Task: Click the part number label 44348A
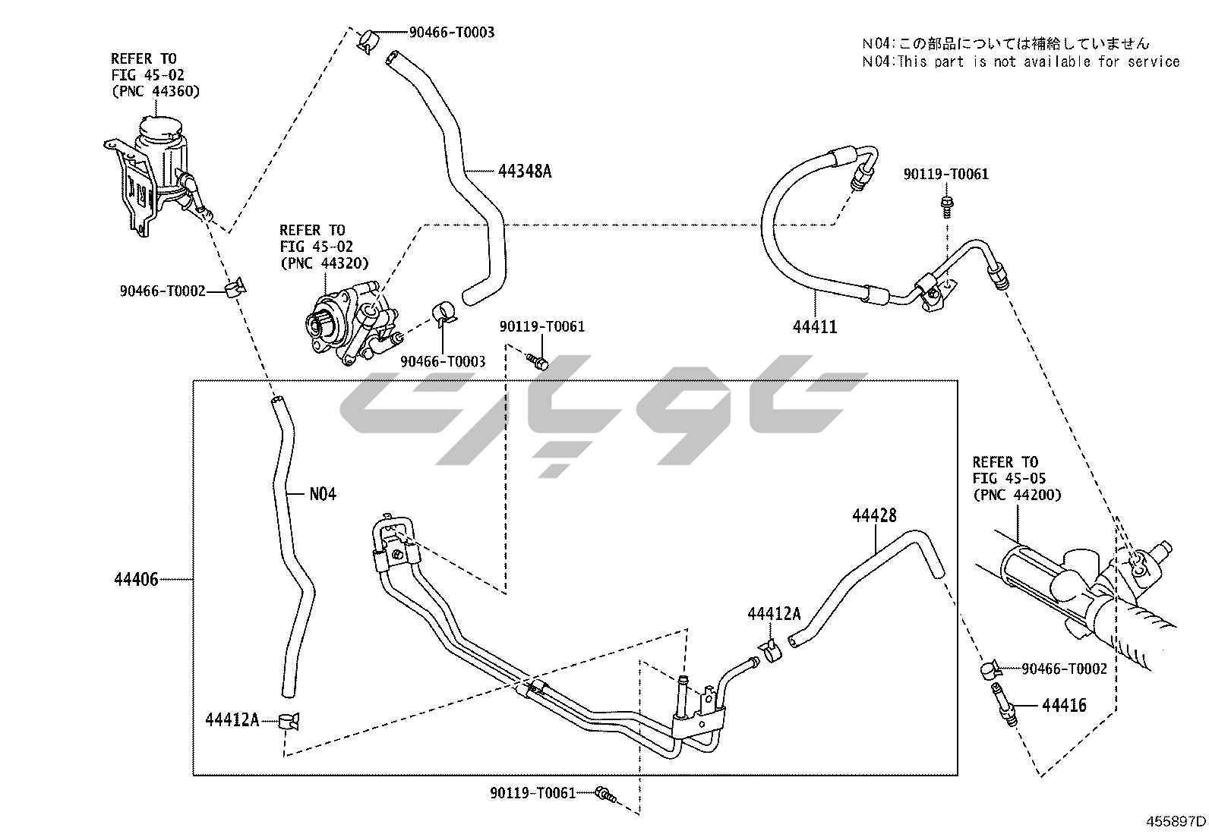[x=525, y=171]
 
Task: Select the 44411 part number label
[x=815, y=327]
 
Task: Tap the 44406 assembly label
[x=136, y=580]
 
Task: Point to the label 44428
[x=874, y=515]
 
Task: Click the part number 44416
[x=1064, y=706]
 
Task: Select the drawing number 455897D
[x=1176, y=821]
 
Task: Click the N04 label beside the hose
[x=323, y=494]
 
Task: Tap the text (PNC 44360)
[x=156, y=92]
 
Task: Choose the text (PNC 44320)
[x=324, y=263]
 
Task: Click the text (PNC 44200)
[x=1017, y=495]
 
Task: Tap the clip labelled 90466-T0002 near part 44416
[x=988, y=669]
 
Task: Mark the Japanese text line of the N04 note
[x=1005, y=43]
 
